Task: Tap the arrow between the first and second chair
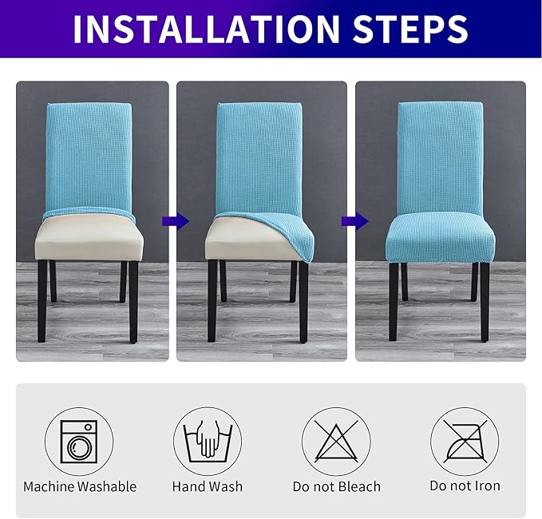(x=180, y=220)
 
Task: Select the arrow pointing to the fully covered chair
(x=350, y=220)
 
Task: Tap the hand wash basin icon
(x=208, y=441)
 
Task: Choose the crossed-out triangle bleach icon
(x=335, y=441)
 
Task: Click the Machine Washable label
(x=80, y=486)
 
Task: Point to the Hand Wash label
(x=208, y=486)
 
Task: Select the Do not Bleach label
(x=336, y=486)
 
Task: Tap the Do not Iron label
(x=465, y=486)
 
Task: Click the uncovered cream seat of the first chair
(x=86, y=240)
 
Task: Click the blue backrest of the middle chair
(x=257, y=152)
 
